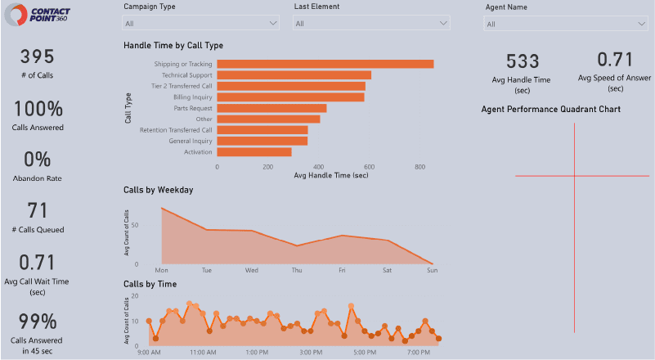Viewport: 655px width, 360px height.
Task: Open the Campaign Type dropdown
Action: click(201, 24)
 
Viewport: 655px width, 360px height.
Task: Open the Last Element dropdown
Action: click(371, 24)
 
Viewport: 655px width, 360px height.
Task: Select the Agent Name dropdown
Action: click(566, 24)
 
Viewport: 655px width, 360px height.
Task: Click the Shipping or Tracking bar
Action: click(325, 64)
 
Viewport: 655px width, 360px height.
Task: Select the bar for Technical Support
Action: click(294, 74)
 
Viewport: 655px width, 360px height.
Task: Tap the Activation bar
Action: click(253, 151)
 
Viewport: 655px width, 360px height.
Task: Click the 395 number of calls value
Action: click(37, 56)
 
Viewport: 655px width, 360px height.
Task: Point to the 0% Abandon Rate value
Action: click(37, 159)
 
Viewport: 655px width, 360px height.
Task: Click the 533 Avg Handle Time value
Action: click(523, 61)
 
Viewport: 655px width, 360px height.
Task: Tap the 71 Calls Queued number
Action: click(37, 210)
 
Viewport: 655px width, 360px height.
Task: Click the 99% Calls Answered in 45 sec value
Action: click(37, 321)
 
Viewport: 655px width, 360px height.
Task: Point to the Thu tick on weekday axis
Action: click(297, 270)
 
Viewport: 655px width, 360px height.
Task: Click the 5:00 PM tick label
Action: click(366, 353)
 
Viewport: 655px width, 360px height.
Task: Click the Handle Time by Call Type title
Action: click(173, 46)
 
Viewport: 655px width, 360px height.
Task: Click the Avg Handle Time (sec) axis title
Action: click(325, 176)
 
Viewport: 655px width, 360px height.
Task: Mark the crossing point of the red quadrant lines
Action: click(574, 176)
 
